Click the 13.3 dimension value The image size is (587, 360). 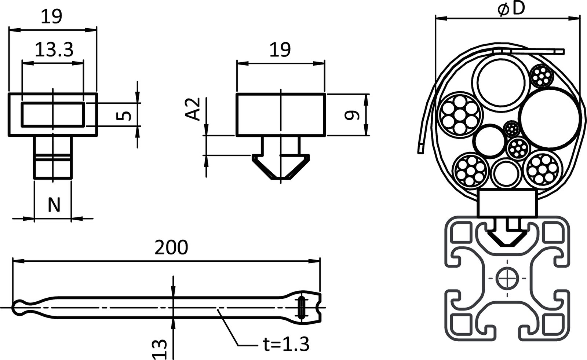[54, 49]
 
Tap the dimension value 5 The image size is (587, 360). [125, 115]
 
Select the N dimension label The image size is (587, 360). [54, 205]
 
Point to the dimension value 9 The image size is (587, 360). [351, 115]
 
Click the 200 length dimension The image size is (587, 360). [171, 247]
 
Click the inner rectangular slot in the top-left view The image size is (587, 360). [53, 114]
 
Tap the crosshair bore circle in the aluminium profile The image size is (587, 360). [507, 279]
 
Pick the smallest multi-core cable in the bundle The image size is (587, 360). [511, 129]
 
